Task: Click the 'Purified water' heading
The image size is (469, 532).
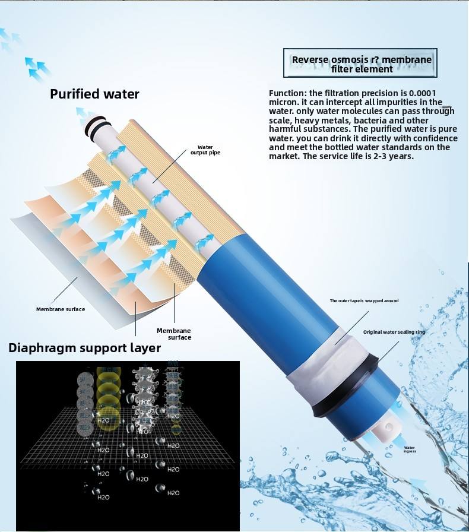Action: pyautogui.click(x=94, y=94)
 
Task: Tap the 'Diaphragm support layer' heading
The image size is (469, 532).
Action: pyautogui.click(x=84, y=347)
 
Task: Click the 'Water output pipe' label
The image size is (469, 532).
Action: pyautogui.click(x=205, y=150)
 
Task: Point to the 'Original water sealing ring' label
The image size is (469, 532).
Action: pyautogui.click(x=394, y=332)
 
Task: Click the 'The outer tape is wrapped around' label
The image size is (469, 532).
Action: pyautogui.click(x=364, y=301)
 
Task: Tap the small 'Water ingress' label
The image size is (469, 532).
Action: pyautogui.click(x=410, y=449)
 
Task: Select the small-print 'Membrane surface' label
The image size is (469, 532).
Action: pyautogui.click(x=60, y=309)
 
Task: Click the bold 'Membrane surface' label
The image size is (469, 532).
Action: pyautogui.click(x=174, y=334)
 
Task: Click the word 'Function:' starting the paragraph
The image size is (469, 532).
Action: pyautogui.click(x=288, y=93)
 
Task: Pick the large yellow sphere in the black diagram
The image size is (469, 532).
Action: pyautogui.click(x=108, y=391)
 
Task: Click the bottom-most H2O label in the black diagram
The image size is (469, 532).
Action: pyautogui.click(x=103, y=496)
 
